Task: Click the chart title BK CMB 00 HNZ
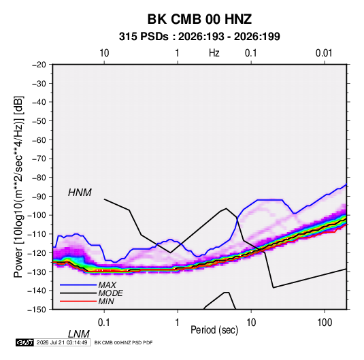199,19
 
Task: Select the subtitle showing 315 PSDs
199,37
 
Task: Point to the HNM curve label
80,193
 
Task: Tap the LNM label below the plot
78,334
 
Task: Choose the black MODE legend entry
91,293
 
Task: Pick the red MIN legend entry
87,301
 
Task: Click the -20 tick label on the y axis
39,65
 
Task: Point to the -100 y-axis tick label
37,215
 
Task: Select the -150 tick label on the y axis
37,310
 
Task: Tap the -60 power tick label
39,140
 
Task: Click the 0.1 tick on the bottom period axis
103,323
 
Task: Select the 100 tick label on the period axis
325,323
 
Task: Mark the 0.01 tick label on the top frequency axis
324,53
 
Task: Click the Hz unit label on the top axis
214,53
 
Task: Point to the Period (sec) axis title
214,330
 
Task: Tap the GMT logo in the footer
24,342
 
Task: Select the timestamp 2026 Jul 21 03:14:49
62,342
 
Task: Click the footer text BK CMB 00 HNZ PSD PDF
124,342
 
